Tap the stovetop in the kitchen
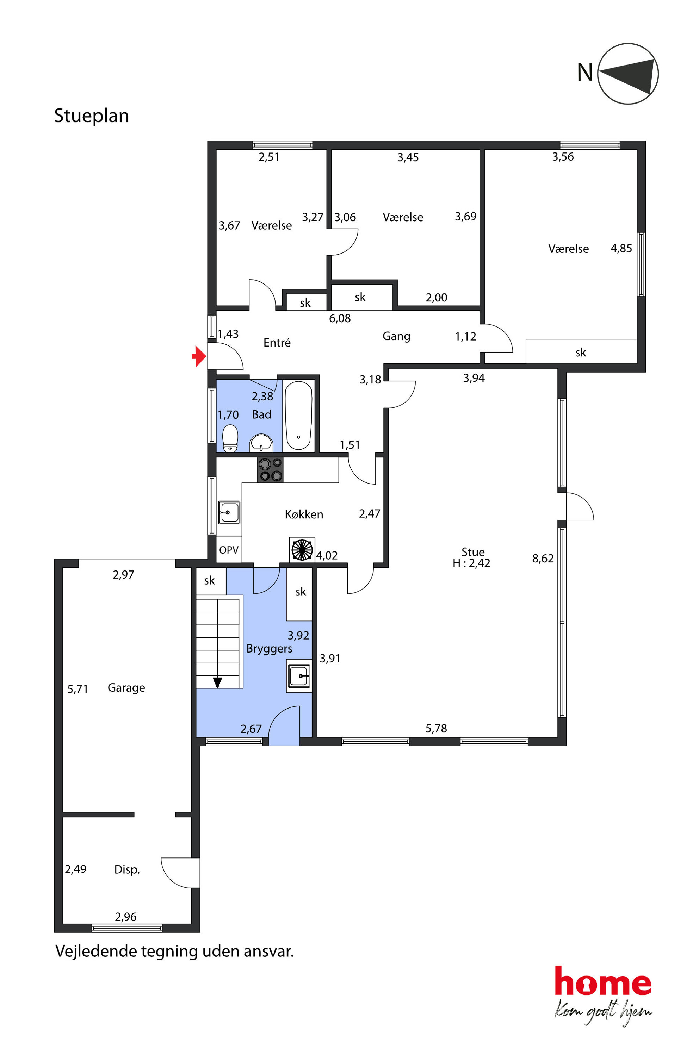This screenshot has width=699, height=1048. coord(270,470)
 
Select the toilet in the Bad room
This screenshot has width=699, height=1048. coord(230,438)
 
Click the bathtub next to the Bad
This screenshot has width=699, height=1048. coord(298,415)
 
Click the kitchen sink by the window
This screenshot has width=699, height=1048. coord(229,512)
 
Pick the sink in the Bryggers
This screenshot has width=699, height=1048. coord(299,676)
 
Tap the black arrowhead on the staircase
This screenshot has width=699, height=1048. coord(217,682)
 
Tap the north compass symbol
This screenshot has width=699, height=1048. coord(628,74)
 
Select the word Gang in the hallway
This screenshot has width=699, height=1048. coord(396,336)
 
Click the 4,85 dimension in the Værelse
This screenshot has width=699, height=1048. coord(621,248)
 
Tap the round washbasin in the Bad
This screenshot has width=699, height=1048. coord(261,442)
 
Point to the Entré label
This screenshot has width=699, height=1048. coord(277,342)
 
